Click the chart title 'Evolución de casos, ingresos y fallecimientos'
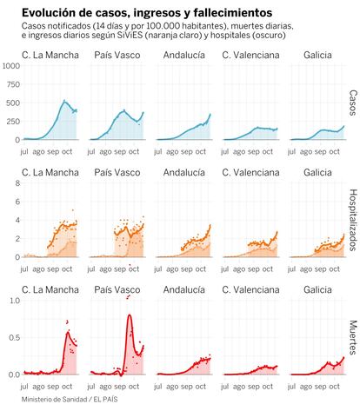coord(147,13)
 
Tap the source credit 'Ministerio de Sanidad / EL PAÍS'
coord(70,400)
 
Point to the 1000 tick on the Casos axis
coord(11,66)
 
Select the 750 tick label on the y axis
coord(13,84)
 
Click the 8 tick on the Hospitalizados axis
coord(18,183)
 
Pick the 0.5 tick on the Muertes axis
coord(15,338)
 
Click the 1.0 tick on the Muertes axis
coord(15,301)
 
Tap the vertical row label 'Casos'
coord(353,103)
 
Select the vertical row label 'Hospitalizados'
coord(353,220)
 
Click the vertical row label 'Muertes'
coord(353,337)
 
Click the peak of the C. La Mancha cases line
coord(64,101)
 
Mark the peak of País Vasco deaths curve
coord(130,315)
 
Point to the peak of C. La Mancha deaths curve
coord(68,332)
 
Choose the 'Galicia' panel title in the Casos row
coord(317,55)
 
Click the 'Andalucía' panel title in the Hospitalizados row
coord(184,173)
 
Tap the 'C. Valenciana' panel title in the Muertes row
coord(250,290)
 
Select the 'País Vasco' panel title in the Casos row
coord(117,55)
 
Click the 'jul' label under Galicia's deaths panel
coord(291,387)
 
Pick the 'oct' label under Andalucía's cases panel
coord(201,151)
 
